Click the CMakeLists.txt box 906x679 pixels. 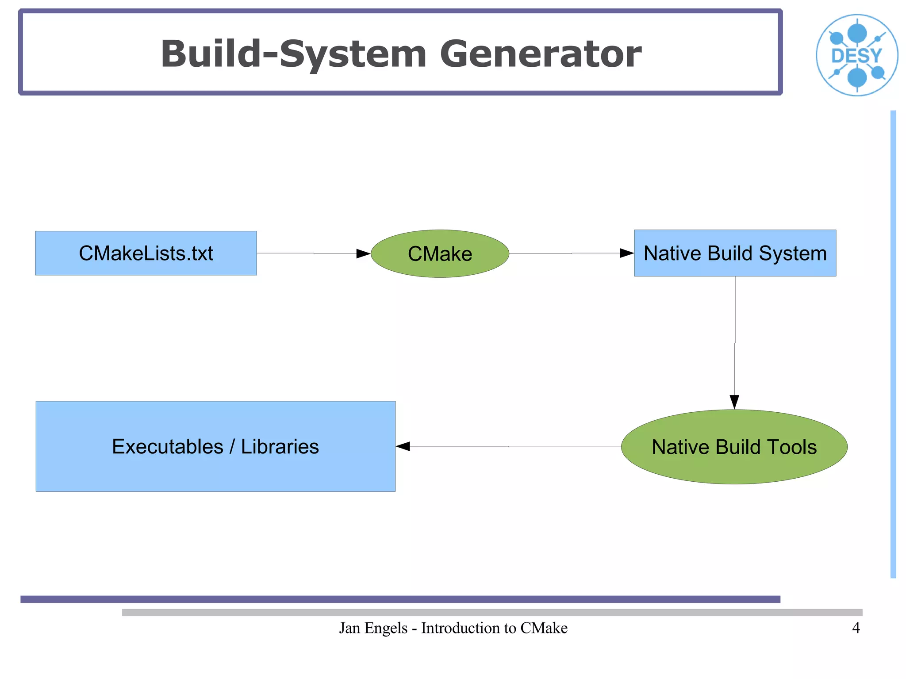point(146,253)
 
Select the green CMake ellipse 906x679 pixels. point(440,253)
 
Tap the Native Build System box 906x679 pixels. point(735,253)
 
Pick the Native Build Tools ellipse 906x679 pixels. point(734,447)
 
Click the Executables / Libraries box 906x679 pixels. point(215,446)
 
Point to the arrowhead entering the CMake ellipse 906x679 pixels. point(364,253)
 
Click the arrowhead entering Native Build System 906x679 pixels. point(627,253)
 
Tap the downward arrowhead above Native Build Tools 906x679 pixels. point(734,402)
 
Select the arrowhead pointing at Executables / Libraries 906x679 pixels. point(403,446)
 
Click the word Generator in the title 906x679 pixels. point(540,54)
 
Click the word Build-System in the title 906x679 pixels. point(293,54)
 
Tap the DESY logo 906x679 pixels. point(857,55)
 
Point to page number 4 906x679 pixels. point(856,628)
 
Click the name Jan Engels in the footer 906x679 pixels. point(373,628)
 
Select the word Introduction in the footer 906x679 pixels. point(462,628)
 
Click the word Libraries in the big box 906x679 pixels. point(280,446)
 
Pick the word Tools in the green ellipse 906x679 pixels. point(792,447)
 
